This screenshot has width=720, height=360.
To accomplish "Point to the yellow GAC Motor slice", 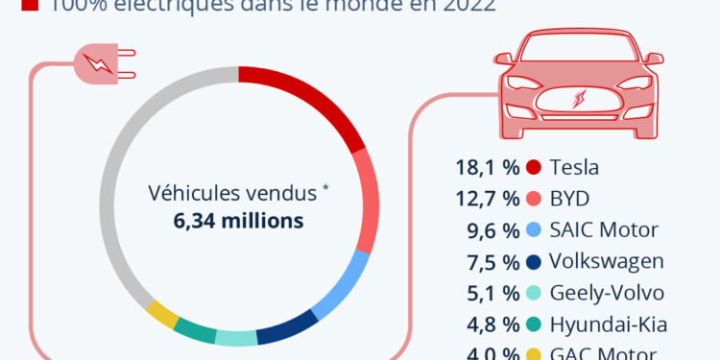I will coord(162,314).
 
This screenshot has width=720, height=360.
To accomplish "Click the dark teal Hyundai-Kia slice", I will coord(194,331).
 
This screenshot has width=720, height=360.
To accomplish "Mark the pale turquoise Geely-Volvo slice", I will coord(236,338).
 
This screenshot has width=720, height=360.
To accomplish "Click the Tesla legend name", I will coord(574,168).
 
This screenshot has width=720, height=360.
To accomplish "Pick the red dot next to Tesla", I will coord(534,168).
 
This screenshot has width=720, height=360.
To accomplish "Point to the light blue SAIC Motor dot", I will coord(534,230).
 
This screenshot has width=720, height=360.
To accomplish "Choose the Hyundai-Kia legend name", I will coord(609,324).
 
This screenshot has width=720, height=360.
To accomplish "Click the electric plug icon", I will coord(99,65).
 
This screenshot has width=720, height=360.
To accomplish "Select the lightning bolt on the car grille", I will coord(578,101).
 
